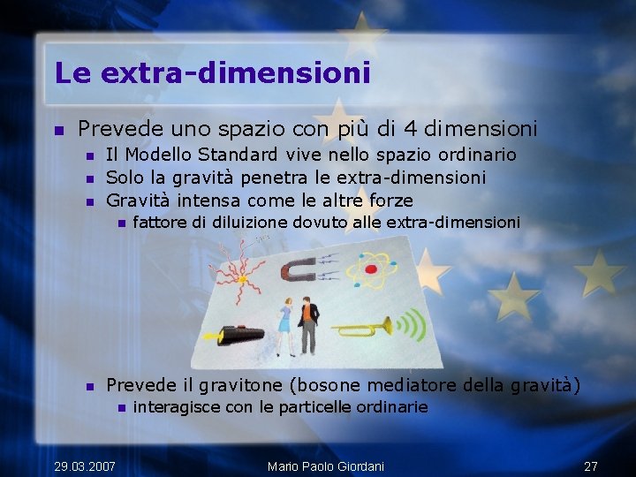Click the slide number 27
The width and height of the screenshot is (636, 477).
[x=591, y=466]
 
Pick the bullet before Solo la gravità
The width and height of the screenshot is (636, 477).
[x=89, y=178]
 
